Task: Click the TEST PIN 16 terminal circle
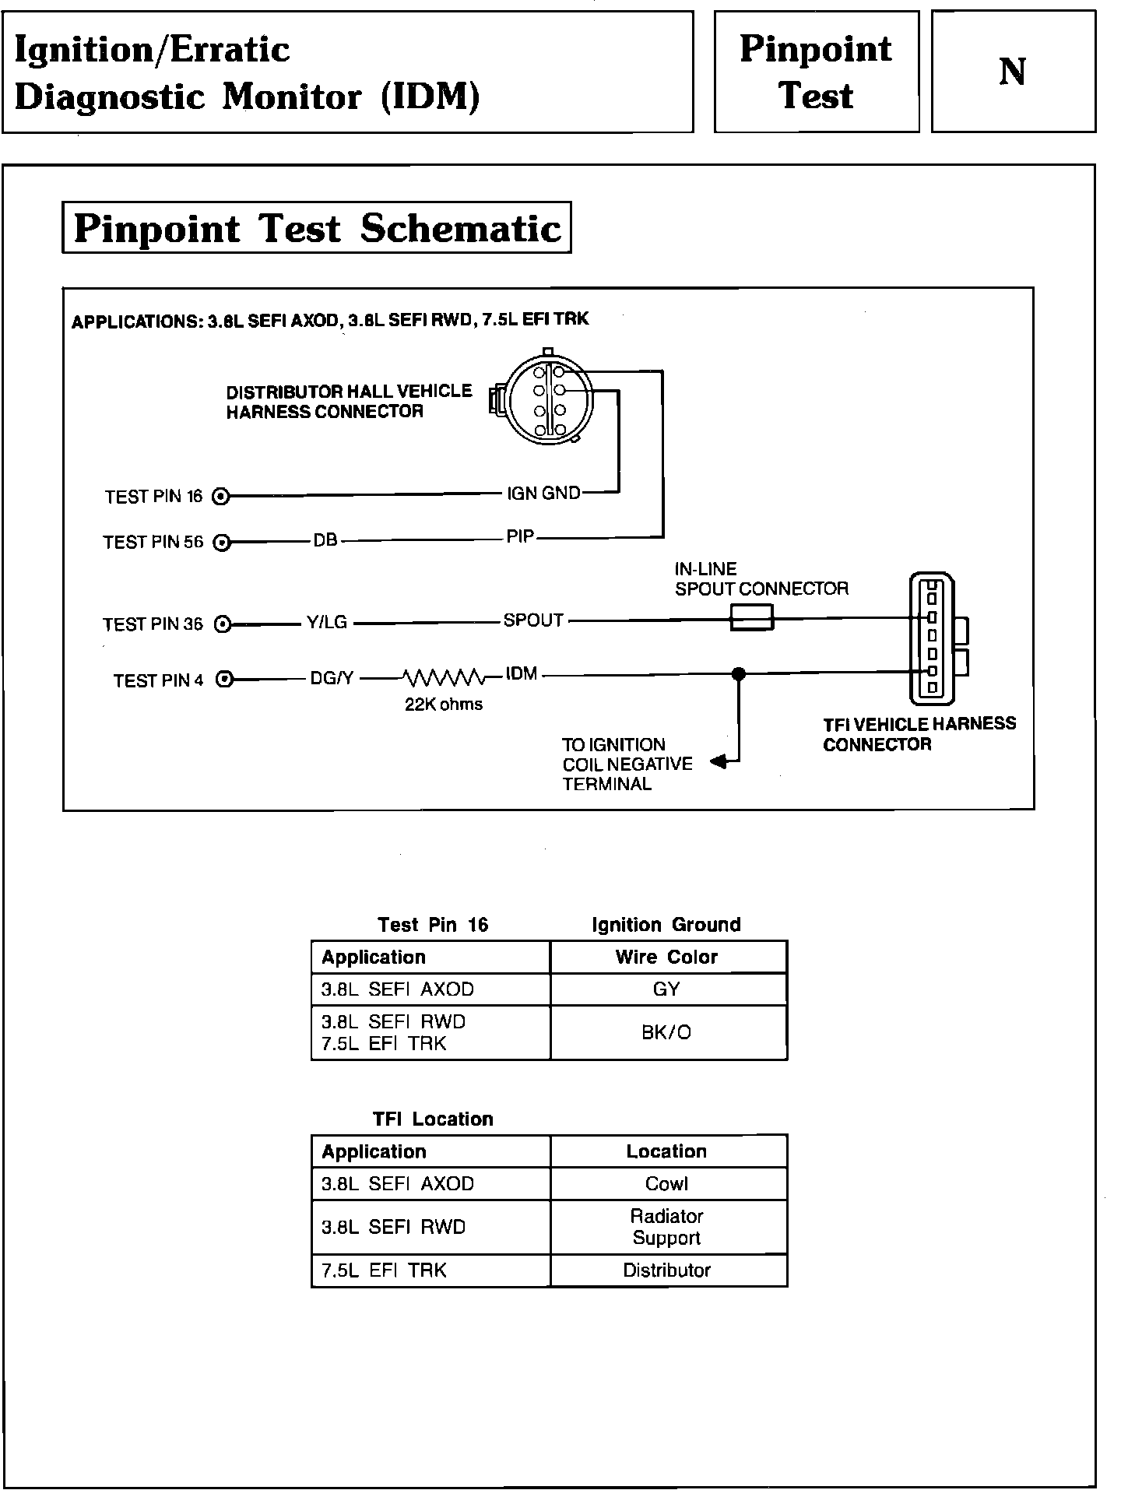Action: coord(221,496)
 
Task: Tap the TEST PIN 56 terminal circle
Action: coord(222,543)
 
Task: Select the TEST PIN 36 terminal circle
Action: coord(223,624)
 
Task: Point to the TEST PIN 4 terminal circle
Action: coord(224,680)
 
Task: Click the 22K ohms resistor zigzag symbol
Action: coord(443,678)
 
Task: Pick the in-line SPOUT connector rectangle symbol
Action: coord(751,620)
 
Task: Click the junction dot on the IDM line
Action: coord(739,674)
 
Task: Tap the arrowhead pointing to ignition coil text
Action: coord(719,762)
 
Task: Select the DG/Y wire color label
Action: coord(332,679)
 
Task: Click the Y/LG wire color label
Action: coord(326,623)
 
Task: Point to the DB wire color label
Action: coord(325,539)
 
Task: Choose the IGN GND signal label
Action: coord(543,493)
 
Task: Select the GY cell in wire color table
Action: coord(667,989)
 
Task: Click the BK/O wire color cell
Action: coord(666,1032)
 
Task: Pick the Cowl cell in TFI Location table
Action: coord(667,1183)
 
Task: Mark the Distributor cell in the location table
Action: coord(667,1270)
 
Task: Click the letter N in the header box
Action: coord(1012,72)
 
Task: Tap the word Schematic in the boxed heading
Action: coord(461,229)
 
